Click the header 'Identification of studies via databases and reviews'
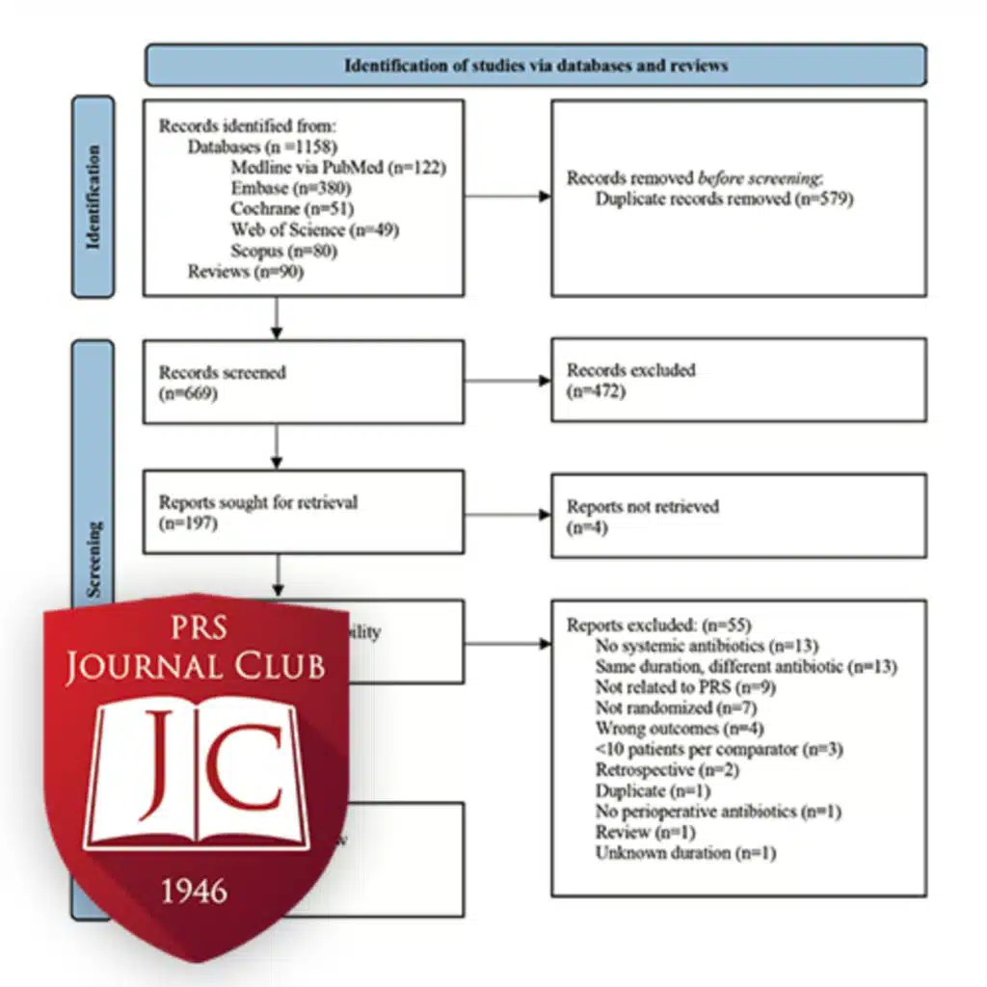coord(536,66)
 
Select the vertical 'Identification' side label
coord(93,197)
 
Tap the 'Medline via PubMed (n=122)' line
coord(338,168)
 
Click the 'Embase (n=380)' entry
coord(289,188)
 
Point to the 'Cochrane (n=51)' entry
coord(292,208)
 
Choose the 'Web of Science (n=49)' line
coord(315,229)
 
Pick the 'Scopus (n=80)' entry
coord(284,251)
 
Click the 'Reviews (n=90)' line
coord(234,272)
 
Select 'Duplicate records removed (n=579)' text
coord(724,200)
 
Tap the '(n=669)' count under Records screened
coord(189,392)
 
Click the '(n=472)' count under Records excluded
coord(597,390)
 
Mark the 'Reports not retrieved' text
coord(643,506)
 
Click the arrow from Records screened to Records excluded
coord(507,381)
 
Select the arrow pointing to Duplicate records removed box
coord(507,197)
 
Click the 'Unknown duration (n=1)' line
coord(685,852)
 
